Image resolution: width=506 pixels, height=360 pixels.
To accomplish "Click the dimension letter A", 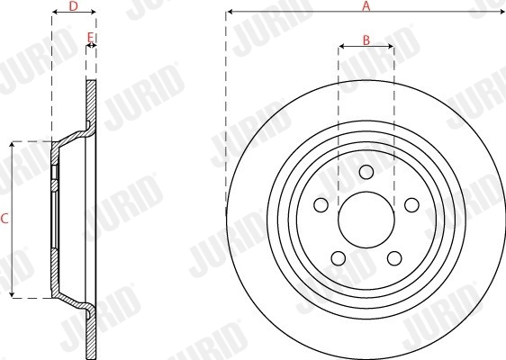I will pos(366,5).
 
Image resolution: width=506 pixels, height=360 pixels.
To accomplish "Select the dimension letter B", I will pos(366,39).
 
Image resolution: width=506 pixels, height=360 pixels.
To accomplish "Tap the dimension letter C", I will pos(5,219).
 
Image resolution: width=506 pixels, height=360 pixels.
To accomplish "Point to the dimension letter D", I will pos(74,6).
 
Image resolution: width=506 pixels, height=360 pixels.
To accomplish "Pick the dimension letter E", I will pos(90,37).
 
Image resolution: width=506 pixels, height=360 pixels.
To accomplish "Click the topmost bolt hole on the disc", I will pos(366,173).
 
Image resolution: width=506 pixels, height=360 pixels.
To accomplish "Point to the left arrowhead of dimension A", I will pos(229,13).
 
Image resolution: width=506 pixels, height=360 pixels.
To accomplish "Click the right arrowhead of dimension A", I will pos(501,13).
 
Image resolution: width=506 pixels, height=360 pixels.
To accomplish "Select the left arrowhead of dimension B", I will pos(340,46).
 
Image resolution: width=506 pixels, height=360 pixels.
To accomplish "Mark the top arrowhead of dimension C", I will pos(12,143).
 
